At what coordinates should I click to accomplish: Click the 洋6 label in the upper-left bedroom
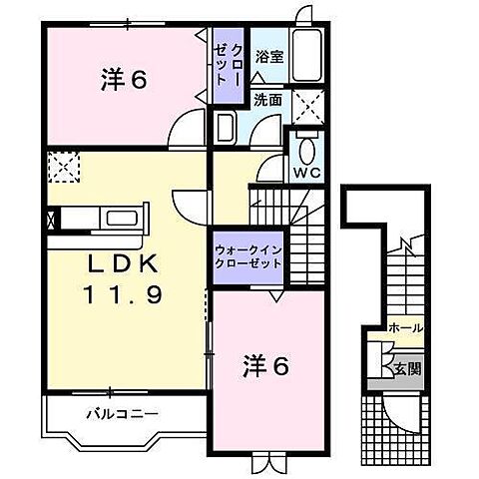[125, 80]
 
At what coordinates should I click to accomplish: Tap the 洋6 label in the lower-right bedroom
[264, 366]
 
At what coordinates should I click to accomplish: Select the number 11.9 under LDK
[122, 295]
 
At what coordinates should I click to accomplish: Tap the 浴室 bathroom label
[267, 56]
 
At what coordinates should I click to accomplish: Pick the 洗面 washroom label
[266, 99]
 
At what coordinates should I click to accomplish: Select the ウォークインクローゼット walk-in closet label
[247, 256]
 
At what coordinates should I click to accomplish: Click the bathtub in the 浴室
[307, 56]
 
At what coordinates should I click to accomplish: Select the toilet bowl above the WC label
[305, 150]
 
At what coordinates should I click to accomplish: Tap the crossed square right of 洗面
[309, 104]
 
